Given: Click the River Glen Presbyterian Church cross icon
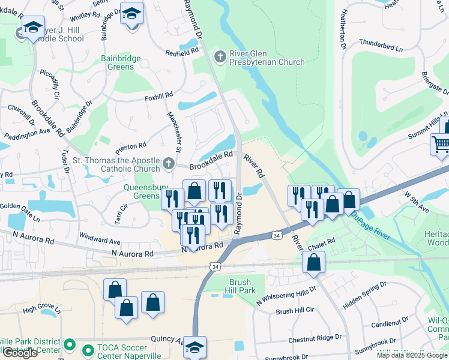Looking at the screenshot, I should coord(220,56).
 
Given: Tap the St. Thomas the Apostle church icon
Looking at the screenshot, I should coord(169,163).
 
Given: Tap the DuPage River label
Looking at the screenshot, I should coord(370,225).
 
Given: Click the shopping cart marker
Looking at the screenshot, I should coord(440,145).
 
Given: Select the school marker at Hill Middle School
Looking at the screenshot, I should coord(33,27).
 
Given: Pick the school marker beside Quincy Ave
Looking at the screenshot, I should coord(194,346).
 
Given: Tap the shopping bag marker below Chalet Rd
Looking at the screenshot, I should coord(313,262).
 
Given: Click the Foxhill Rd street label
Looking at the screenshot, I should coord(158,95).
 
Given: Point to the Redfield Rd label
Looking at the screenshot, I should coord(182,53).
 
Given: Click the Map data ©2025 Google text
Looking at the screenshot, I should coord(412,355).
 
